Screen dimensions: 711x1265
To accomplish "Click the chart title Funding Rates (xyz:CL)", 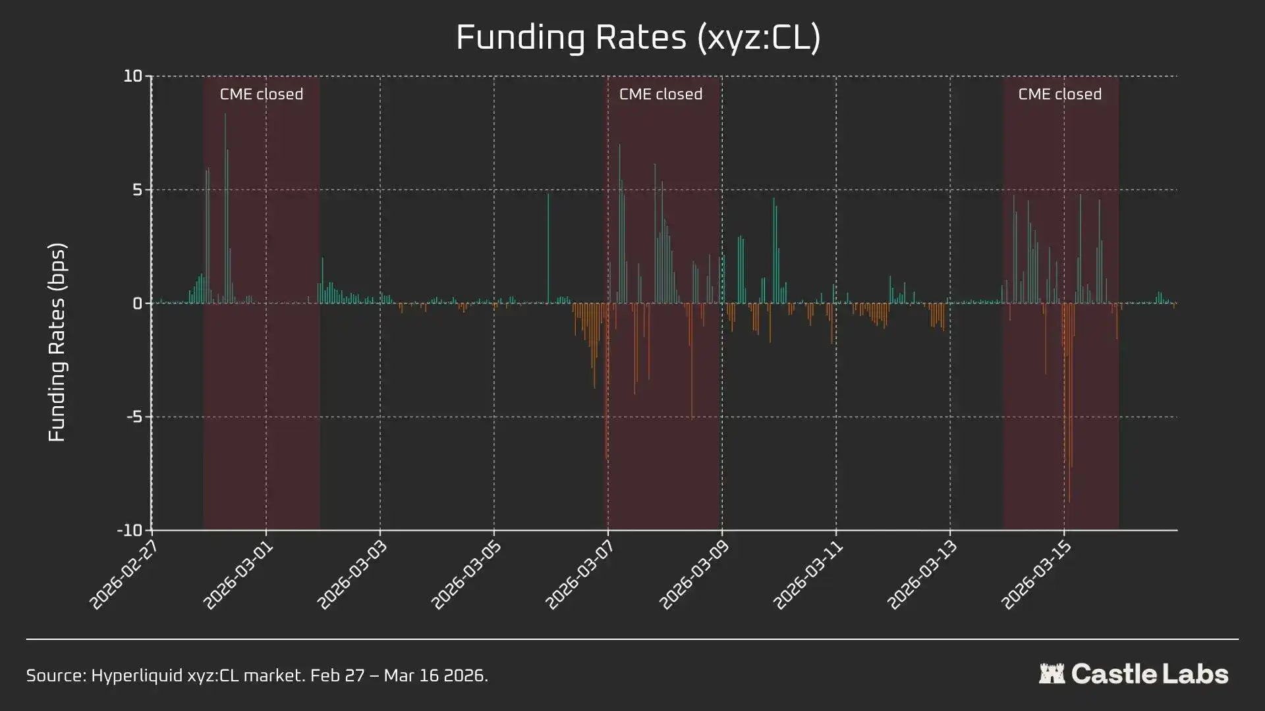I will (x=638, y=37).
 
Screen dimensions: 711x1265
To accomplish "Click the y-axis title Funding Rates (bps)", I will (x=57, y=342).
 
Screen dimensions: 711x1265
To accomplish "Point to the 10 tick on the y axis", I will (x=133, y=76).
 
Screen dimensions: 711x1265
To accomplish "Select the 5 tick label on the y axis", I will (x=137, y=190).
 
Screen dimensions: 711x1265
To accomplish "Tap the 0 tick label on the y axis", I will (x=137, y=303).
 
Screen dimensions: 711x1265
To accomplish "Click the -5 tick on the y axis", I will (x=134, y=417).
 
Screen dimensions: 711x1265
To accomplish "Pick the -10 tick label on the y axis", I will (x=130, y=531).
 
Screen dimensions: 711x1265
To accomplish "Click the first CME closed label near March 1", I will (x=262, y=94).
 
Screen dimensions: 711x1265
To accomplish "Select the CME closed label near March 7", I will (x=661, y=94).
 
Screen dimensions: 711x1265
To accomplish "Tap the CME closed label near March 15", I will (x=1059, y=94).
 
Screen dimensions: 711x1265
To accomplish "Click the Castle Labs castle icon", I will (x=1052, y=673).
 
